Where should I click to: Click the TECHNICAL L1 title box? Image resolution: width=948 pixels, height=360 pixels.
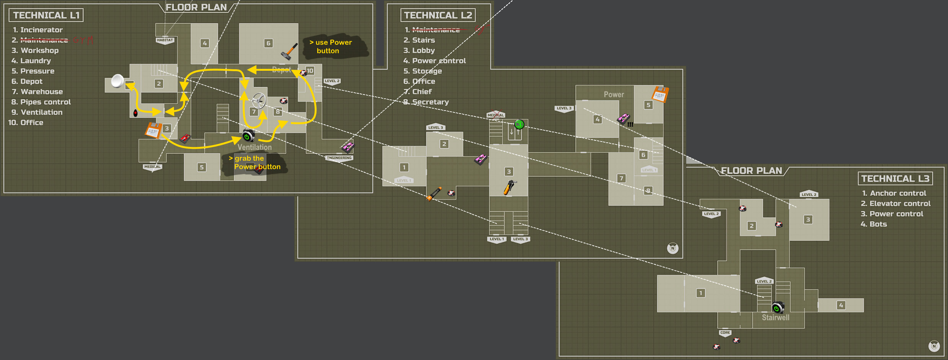(x=46, y=15)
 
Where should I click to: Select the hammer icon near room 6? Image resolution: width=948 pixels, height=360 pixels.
(x=289, y=51)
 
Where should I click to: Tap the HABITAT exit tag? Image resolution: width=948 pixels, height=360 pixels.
(x=165, y=40)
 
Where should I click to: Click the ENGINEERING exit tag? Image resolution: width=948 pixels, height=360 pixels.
(x=339, y=158)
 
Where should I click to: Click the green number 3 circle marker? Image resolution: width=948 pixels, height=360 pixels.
(x=519, y=124)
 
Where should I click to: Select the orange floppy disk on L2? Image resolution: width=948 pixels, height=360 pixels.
(x=660, y=94)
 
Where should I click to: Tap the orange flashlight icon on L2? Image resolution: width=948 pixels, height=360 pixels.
(x=434, y=194)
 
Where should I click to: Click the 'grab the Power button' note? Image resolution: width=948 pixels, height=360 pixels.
(x=255, y=163)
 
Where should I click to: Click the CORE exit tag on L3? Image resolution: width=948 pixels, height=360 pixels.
(x=725, y=333)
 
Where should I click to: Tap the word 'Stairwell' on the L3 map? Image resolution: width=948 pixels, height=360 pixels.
(x=775, y=318)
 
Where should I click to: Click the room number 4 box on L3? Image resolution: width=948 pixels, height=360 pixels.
(x=841, y=305)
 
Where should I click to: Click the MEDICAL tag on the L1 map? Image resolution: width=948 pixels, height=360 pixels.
(x=152, y=167)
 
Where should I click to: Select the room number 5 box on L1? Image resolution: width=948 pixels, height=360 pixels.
(x=202, y=167)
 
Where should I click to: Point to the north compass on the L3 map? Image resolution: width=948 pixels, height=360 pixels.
(x=934, y=346)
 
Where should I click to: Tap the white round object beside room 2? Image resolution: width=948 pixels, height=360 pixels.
(x=117, y=81)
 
